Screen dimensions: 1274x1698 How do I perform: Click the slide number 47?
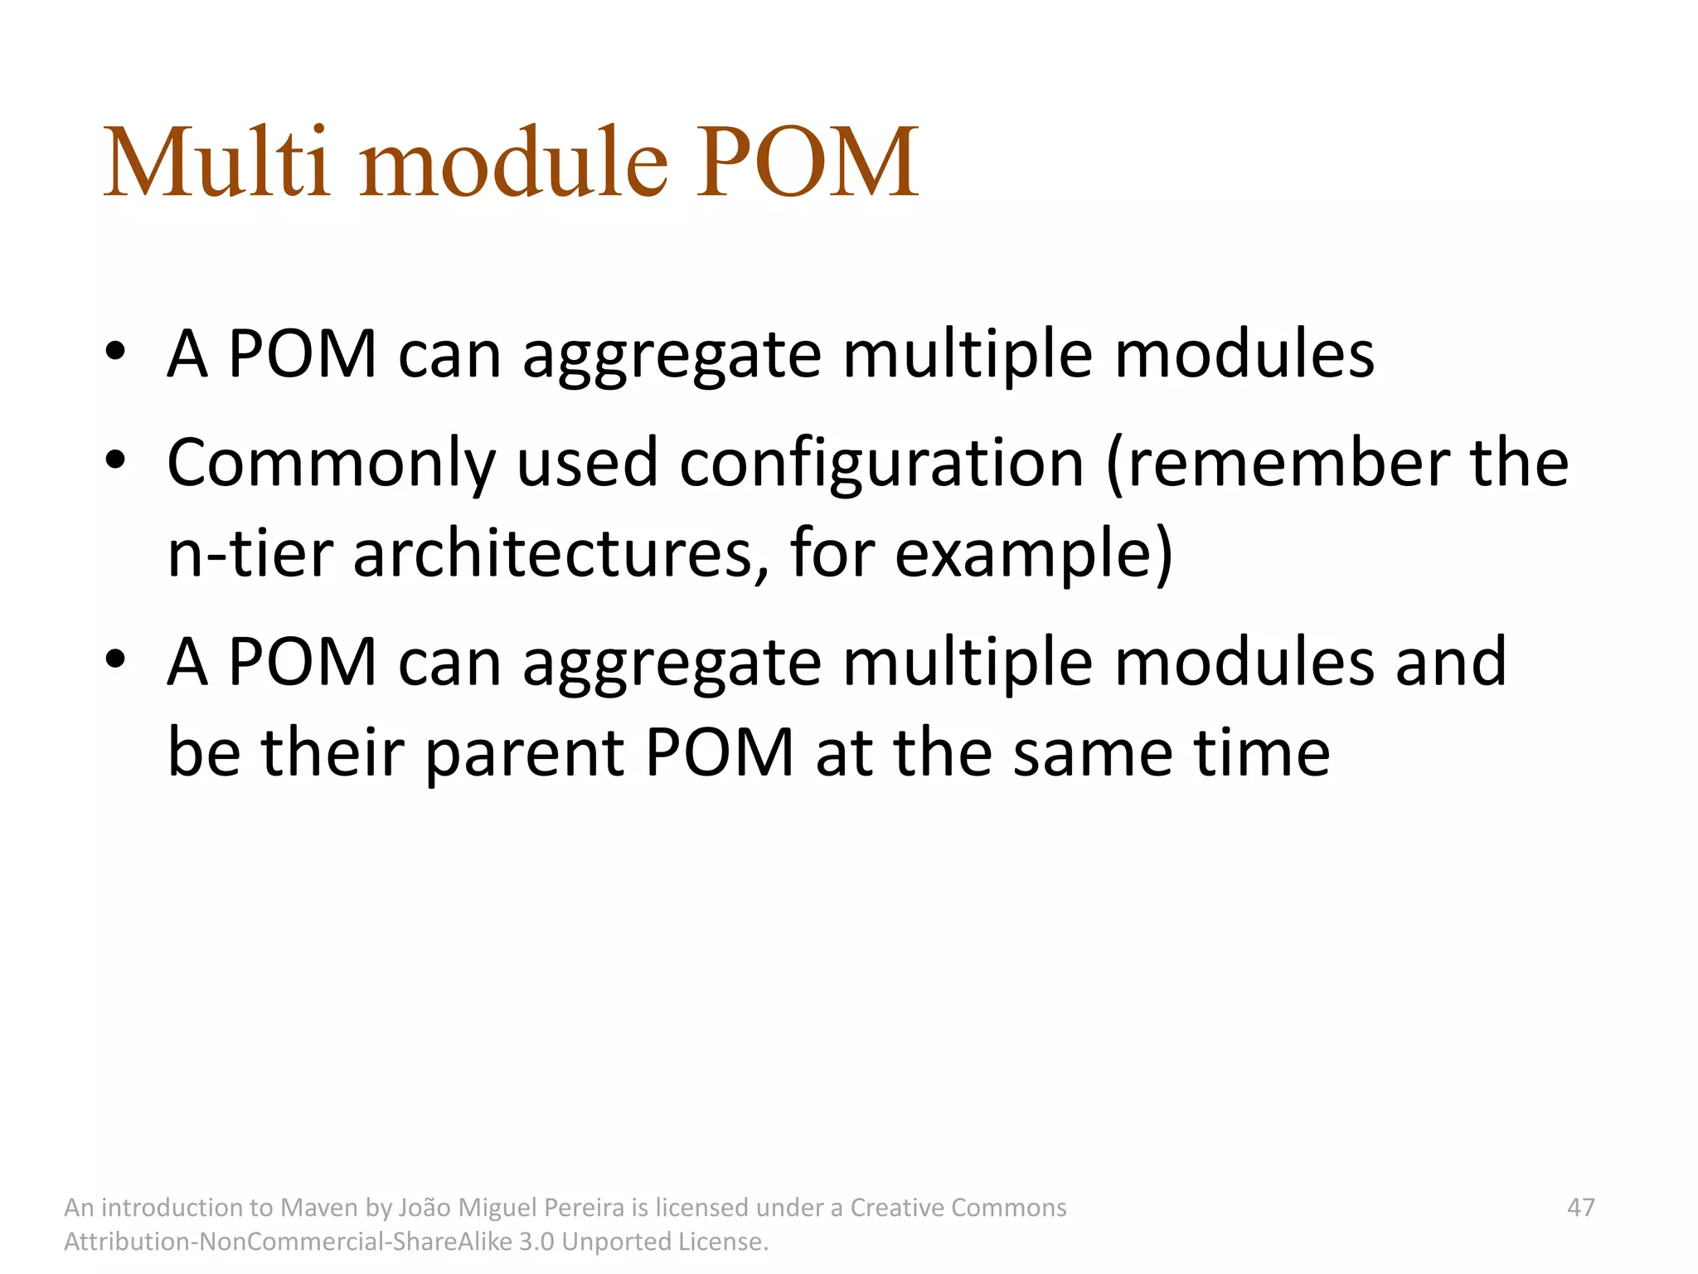coord(1580,1208)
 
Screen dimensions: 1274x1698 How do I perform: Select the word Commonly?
coord(331,464)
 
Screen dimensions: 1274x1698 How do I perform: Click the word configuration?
coord(881,464)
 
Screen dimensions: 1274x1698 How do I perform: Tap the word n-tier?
coord(250,554)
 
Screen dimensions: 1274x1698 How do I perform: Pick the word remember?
coord(1289,463)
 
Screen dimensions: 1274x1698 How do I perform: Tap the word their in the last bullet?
coord(332,753)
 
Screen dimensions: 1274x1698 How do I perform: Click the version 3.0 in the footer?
coord(536,1242)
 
